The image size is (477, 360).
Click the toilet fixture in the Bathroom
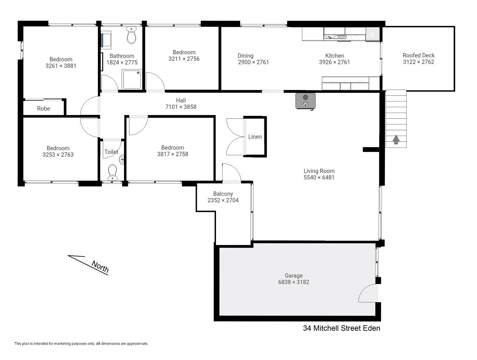pyautogui.click(x=131, y=35)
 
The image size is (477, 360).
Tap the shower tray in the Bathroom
pyautogui.click(x=132, y=79)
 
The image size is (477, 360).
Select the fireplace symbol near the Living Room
pyautogui.click(x=305, y=101)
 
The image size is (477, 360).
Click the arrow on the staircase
pyautogui.click(x=396, y=140)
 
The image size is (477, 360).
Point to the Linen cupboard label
pyautogui.click(x=255, y=137)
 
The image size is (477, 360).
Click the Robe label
pyautogui.click(x=44, y=108)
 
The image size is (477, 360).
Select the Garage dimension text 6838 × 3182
pyautogui.click(x=294, y=282)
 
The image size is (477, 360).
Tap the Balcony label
pyautogui.click(x=223, y=194)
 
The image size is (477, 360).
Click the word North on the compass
pyautogui.click(x=100, y=267)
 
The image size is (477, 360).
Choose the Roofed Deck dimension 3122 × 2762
pyautogui.click(x=418, y=62)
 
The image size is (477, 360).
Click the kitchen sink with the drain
pyautogui.click(x=372, y=34)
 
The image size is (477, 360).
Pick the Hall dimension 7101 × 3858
pyautogui.click(x=181, y=107)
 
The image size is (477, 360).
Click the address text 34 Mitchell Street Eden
pyautogui.click(x=342, y=328)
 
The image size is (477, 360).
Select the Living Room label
pyautogui.click(x=319, y=171)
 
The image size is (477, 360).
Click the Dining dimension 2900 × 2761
pyautogui.click(x=253, y=62)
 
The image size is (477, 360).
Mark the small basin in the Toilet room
pyautogui.click(x=122, y=160)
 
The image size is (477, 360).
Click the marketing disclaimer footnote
pyautogui.click(x=81, y=343)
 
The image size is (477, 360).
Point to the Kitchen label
pyautogui.click(x=335, y=56)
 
